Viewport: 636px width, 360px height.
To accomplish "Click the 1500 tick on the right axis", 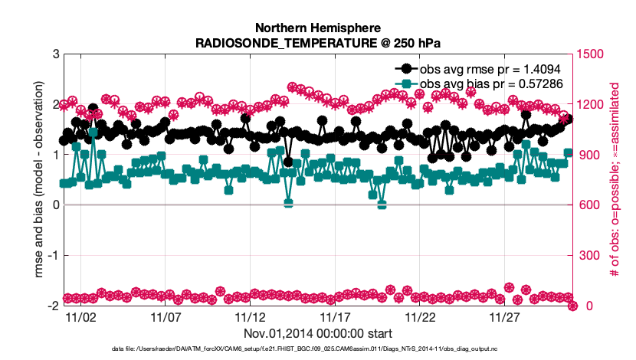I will click(592, 54).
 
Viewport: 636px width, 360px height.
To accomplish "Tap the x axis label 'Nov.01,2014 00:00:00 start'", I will click(318, 333).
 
